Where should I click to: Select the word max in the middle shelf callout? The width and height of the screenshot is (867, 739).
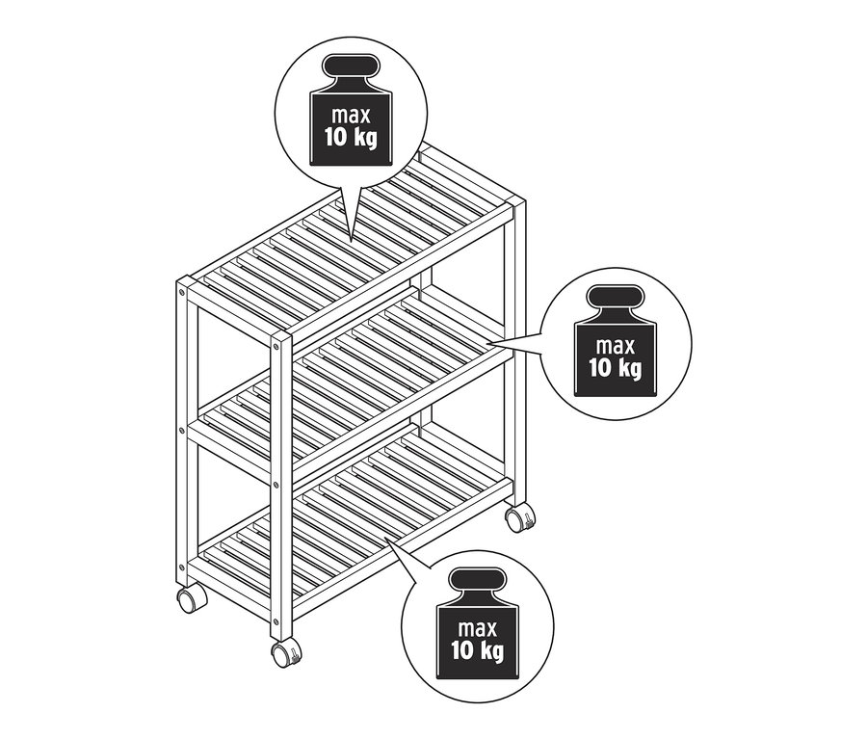pos(617,345)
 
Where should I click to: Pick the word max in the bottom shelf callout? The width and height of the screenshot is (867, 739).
pos(478,629)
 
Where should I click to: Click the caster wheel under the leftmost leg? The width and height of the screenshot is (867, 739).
pos(189,599)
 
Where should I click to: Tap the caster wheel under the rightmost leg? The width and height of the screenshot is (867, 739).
pos(521,518)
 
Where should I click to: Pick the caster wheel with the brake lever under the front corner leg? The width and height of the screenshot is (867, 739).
pos(285,655)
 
